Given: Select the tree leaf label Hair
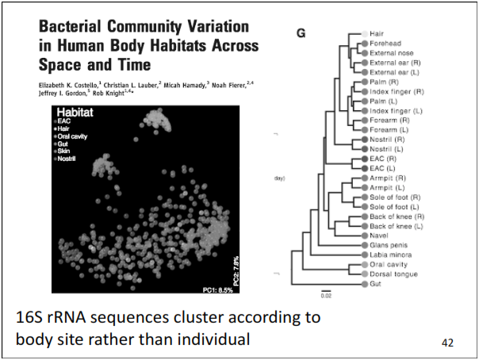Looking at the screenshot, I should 377,34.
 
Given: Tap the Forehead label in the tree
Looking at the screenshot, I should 386,44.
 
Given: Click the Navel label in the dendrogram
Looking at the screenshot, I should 378,236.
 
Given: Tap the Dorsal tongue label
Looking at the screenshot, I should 393,274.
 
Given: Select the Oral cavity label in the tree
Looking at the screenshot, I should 387,264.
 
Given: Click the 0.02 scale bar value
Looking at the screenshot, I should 326,295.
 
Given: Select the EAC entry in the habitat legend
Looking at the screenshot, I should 64,121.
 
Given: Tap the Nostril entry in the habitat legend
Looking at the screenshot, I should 69,159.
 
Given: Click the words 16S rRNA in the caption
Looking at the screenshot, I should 59,318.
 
